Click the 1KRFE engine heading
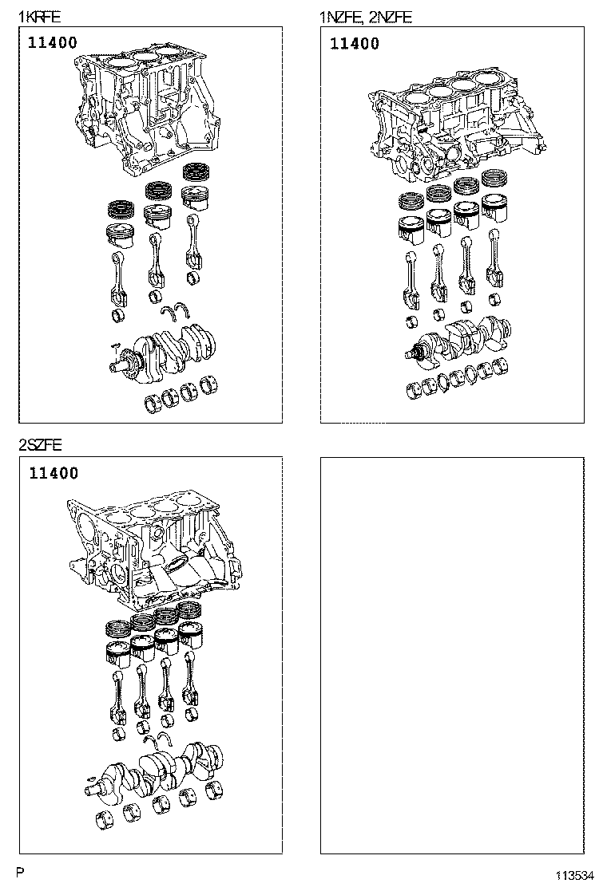39,16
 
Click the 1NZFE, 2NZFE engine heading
366,16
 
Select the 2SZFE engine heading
40,445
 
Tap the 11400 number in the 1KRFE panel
53,43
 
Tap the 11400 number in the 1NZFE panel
355,44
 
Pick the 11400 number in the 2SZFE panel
54,474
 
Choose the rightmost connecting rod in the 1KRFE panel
192,243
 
